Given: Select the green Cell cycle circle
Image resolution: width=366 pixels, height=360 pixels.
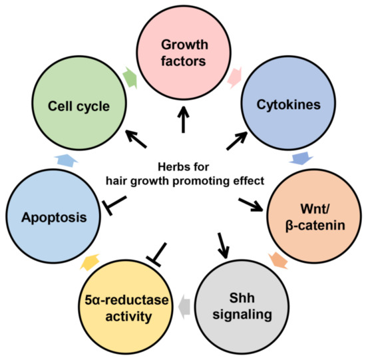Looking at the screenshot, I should tap(79, 107).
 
